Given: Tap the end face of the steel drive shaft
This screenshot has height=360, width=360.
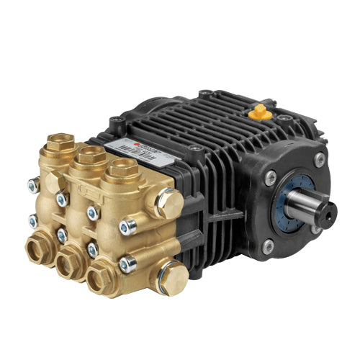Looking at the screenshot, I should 325,209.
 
